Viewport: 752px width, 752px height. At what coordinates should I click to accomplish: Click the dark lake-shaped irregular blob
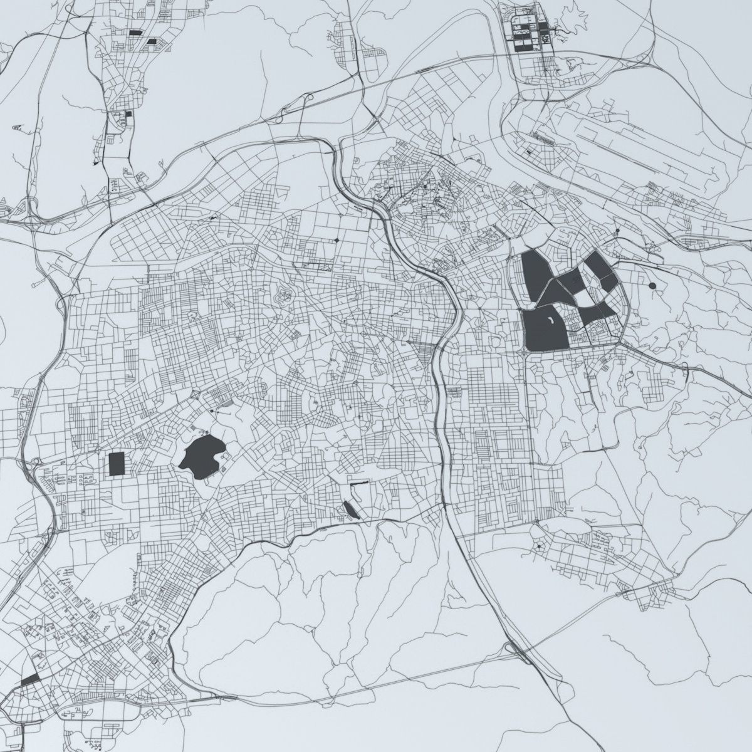pos(202,456)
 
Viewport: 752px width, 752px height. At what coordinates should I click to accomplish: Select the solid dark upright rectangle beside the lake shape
pos(116,464)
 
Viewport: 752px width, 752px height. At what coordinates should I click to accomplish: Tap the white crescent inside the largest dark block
pos(550,321)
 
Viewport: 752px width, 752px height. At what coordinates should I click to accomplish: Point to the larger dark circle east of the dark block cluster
pos(652,286)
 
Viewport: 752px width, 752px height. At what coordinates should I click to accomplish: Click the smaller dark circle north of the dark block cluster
pos(617,231)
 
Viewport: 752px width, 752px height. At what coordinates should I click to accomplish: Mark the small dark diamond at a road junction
pos(337,240)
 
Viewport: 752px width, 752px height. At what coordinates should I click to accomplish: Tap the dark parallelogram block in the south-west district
pos(29,679)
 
